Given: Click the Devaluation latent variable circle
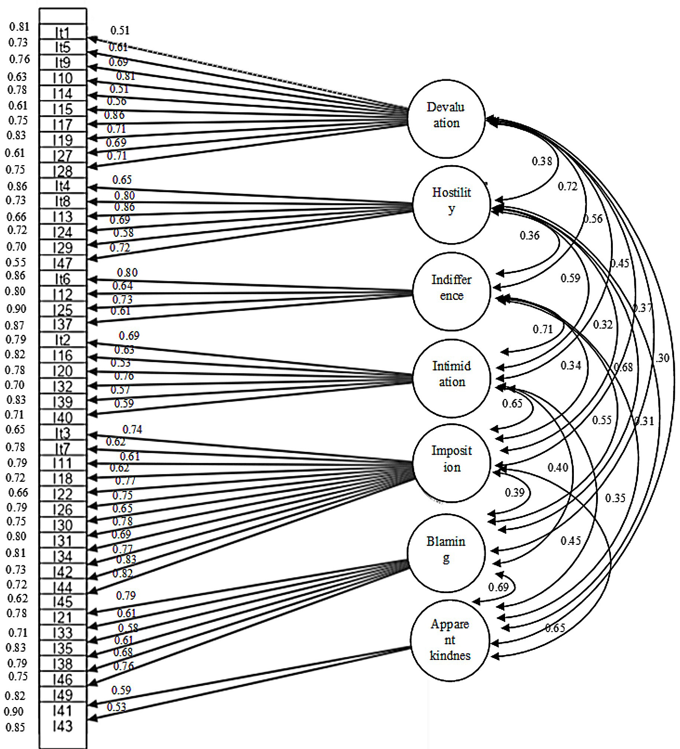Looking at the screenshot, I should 446,118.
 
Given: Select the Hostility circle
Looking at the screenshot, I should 451,205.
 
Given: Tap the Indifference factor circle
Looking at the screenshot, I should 451,291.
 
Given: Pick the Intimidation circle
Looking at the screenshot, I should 451,378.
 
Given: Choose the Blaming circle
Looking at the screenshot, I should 446,553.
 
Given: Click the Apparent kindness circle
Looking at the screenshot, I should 449,640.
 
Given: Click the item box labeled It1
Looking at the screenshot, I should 62,33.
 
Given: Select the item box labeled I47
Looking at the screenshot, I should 62,263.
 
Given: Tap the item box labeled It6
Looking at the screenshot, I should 62,279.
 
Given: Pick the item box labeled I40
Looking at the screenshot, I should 62,418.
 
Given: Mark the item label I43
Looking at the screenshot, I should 62,726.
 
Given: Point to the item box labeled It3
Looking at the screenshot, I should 62,433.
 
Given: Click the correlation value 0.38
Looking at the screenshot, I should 542,161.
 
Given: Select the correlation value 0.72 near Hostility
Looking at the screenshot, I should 568,186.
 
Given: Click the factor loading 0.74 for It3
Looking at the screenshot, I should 132,429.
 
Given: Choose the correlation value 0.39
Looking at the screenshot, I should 515,492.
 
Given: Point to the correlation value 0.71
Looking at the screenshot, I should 543,329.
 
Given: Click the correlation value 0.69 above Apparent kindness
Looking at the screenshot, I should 498,587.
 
